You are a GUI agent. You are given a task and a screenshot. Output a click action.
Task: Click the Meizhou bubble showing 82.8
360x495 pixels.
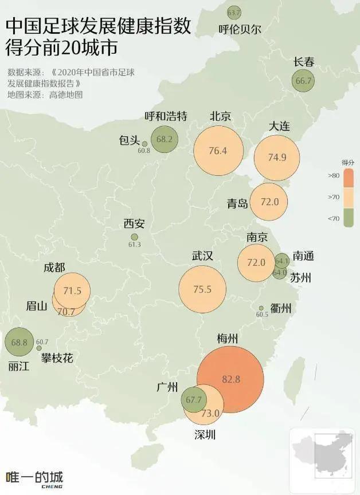230,379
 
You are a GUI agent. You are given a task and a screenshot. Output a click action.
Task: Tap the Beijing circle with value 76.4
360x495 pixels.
218,151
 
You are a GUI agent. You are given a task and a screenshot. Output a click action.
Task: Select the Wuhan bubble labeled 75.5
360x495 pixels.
202,289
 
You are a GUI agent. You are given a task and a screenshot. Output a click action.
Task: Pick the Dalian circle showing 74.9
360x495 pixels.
277,158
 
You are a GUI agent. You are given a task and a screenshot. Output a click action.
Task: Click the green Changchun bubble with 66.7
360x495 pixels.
304,81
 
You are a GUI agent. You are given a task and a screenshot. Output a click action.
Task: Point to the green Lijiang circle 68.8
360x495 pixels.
19,342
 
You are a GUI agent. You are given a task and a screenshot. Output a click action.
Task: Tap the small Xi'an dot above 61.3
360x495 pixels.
135,237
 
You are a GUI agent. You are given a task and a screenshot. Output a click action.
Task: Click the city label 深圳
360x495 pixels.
205,435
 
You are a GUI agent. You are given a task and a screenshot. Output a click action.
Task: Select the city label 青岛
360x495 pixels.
237,203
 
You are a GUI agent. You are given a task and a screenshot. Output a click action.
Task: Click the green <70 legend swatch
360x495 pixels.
348,218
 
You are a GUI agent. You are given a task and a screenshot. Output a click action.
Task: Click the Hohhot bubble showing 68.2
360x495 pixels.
165,139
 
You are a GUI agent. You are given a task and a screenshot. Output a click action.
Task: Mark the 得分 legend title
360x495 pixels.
348,162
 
